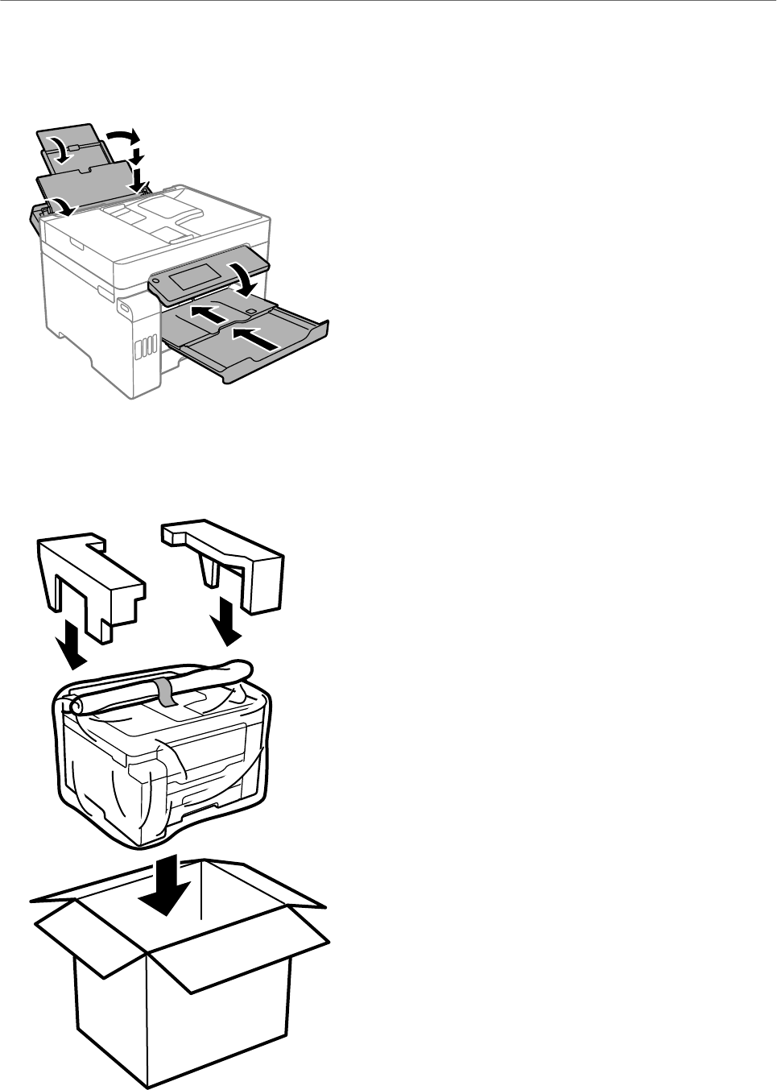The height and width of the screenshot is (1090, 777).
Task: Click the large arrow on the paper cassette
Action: [x=258, y=337]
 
